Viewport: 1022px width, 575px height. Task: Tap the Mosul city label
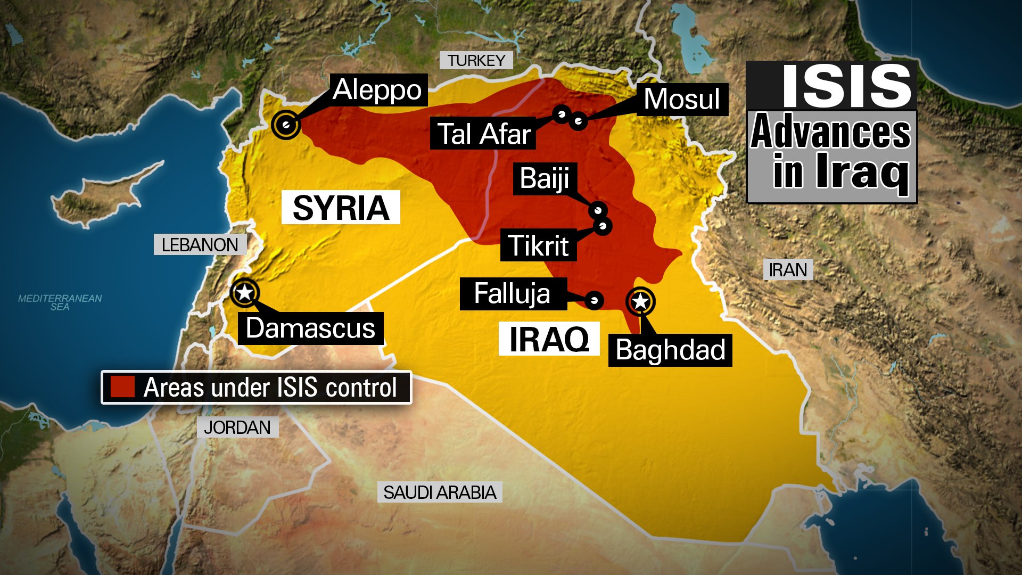682,99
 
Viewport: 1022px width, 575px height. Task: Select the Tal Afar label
483,133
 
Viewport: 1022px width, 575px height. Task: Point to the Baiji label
545,178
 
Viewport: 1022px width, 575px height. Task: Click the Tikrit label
538,245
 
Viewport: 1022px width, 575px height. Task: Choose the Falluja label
512,293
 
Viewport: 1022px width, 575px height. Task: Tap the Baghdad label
670,350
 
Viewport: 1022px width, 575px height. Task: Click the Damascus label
311,328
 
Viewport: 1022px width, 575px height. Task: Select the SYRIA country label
341,208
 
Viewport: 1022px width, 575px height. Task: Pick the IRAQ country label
549,339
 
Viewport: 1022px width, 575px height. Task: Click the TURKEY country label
476,61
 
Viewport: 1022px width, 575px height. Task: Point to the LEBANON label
200,245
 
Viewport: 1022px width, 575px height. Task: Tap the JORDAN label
237,427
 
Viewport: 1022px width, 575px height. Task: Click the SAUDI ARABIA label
440,492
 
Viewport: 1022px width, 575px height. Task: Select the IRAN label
788,270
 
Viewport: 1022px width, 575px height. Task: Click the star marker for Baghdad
640,301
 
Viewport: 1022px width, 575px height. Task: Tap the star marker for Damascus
245,292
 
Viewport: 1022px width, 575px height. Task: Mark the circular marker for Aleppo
286,125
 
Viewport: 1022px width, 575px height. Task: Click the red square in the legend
122,387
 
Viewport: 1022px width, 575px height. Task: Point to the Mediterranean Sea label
60,302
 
